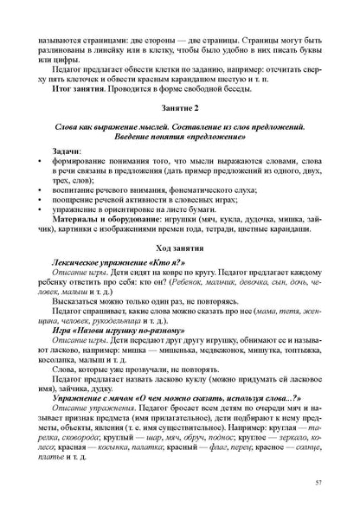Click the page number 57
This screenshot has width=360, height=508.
coord(319,480)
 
